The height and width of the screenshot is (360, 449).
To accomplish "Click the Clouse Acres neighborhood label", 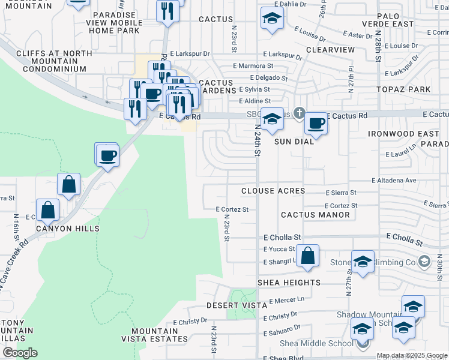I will coord(273,191).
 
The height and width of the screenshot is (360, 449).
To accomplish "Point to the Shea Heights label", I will coord(289,283).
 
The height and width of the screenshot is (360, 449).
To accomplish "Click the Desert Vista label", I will coord(236,305).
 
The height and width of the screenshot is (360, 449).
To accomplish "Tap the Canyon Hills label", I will coord(67,229).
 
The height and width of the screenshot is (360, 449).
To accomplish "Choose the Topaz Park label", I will coord(404,89).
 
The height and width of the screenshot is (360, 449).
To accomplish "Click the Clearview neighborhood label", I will coord(330,50).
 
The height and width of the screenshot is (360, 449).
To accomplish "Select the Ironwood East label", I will coord(396,133).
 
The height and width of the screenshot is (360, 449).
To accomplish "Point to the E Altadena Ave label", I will coord(394,180).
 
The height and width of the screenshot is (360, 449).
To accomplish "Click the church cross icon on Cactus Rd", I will coord(299,113).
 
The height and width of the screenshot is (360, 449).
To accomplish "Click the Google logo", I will coord(20,352).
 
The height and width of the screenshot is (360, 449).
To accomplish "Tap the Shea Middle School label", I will coord(317,343).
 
